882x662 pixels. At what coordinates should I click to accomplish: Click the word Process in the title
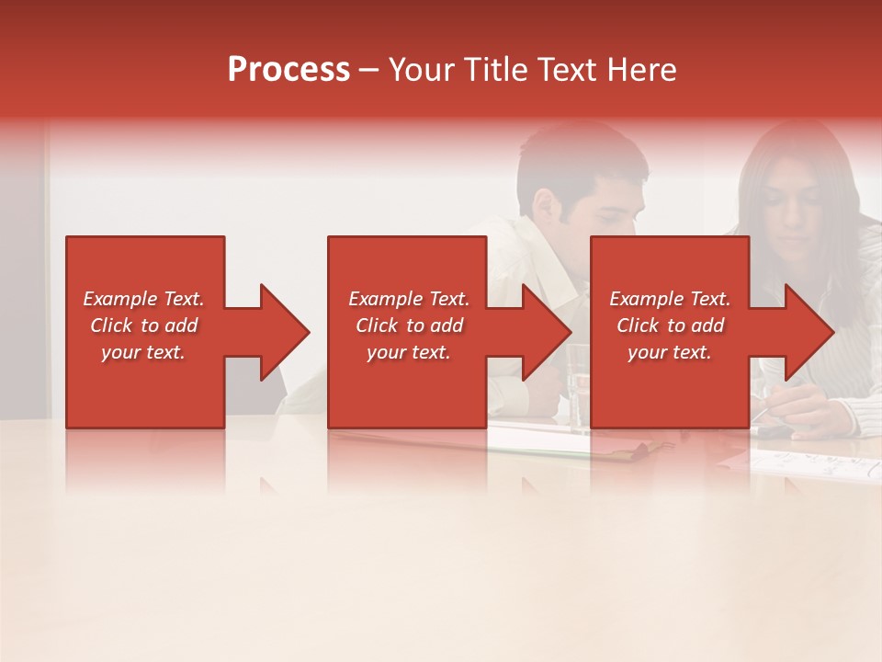tap(288, 70)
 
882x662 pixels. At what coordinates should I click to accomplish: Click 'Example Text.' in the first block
tap(143, 299)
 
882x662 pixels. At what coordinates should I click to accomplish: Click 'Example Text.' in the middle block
tap(408, 299)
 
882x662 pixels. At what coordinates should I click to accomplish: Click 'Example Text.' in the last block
tap(670, 299)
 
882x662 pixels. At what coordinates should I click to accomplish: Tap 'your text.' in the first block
tap(143, 352)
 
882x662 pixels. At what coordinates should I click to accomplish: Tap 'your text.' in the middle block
tap(408, 352)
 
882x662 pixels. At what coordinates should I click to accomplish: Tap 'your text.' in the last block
tap(670, 352)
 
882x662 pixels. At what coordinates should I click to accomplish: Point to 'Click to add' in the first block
tap(143, 325)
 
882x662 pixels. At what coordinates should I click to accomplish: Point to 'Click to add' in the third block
tap(670, 325)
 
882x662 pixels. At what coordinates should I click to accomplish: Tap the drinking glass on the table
tap(578, 386)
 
